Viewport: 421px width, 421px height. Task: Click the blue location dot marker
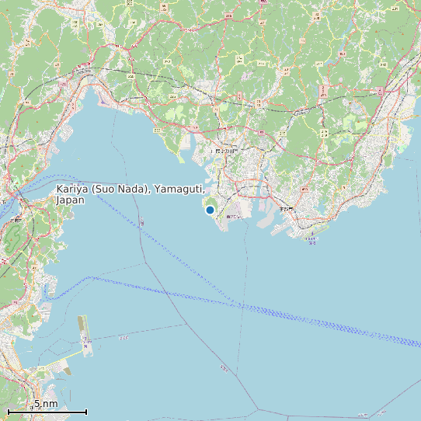click(210, 210)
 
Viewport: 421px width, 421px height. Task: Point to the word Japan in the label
click(70, 200)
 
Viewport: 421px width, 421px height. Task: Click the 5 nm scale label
click(45, 404)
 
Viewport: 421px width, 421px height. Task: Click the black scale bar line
click(47, 412)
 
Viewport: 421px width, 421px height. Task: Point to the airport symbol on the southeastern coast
click(312, 234)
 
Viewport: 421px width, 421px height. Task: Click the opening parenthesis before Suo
click(94, 190)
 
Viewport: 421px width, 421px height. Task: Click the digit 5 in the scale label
click(36, 404)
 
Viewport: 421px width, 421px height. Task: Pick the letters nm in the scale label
click(50, 404)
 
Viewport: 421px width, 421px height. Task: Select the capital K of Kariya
click(60, 190)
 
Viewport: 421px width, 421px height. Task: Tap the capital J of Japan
click(58, 200)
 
